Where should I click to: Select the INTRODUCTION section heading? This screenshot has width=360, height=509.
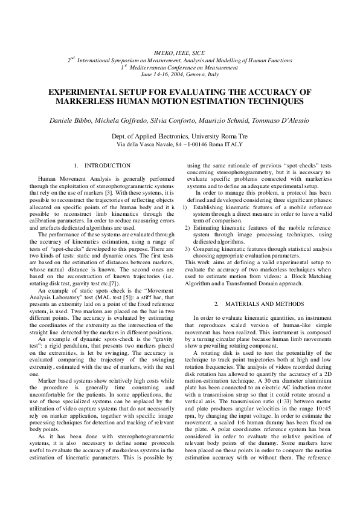(107, 165)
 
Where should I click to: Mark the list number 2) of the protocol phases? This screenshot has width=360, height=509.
(187, 227)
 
